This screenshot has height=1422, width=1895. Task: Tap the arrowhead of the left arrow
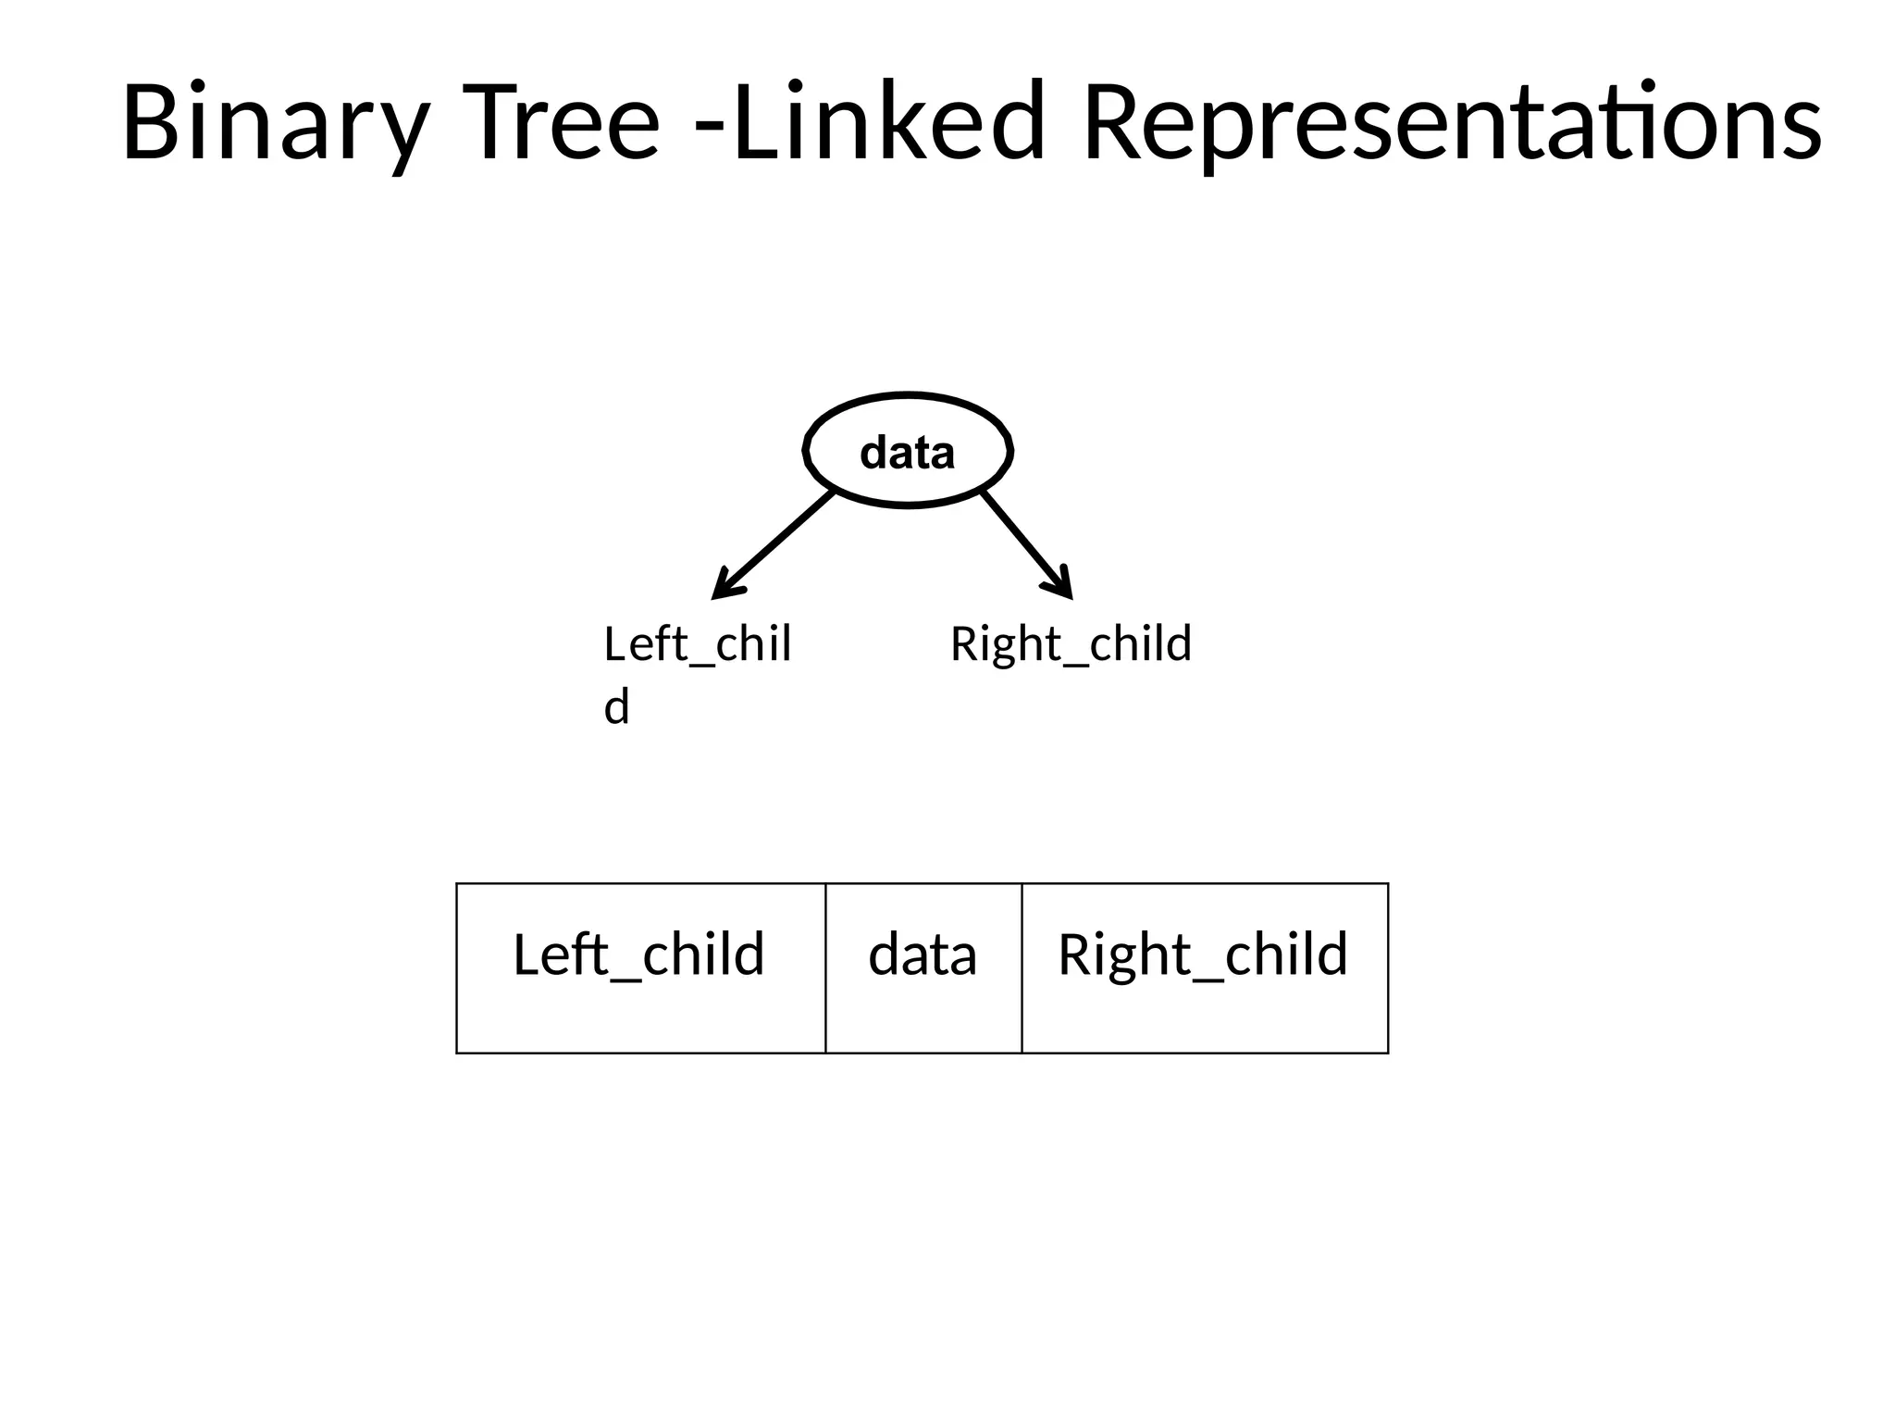[x=725, y=588]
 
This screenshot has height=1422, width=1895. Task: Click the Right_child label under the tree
[x=1071, y=644]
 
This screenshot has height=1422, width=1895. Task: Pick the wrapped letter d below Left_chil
[x=616, y=708]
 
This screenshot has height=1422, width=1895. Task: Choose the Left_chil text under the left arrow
[x=697, y=644]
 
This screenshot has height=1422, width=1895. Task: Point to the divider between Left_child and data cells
[x=825, y=968]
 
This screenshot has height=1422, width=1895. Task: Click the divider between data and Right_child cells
[x=1022, y=968]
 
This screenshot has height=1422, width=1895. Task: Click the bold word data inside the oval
[x=908, y=454]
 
